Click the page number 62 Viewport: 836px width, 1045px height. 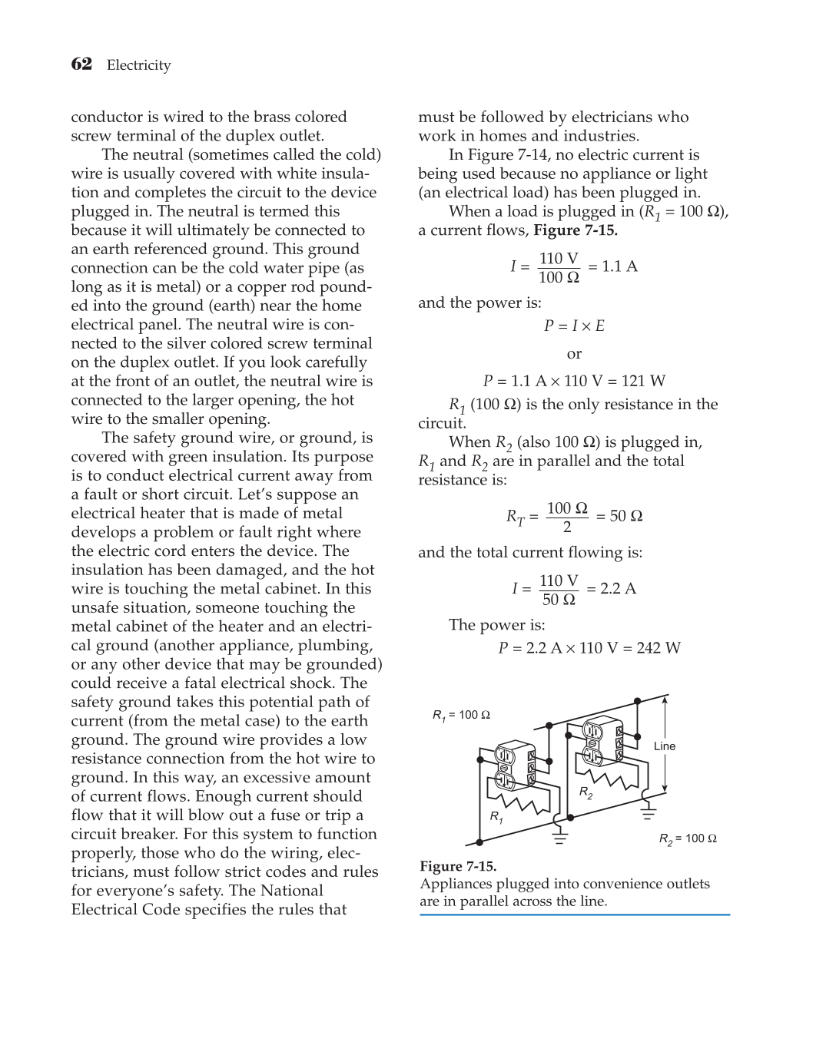(x=81, y=64)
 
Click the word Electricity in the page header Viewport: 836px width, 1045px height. (x=138, y=65)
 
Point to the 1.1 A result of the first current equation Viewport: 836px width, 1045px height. (x=619, y=266)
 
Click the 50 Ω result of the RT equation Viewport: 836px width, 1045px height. (x=625, y=516)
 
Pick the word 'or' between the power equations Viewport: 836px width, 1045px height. (x=574, y=354)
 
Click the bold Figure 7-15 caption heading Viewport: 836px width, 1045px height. (x=458, y=866)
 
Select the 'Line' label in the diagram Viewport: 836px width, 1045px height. (x=665, y=746)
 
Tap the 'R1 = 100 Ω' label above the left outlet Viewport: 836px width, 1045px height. (x=461, y=715)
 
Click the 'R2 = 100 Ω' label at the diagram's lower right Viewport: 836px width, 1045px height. (x=688, y=838)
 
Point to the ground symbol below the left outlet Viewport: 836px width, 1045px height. (x=560, y=834)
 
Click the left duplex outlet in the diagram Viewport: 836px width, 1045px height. (x=513, y=766)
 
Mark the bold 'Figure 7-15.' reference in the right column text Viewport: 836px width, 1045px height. (x=576, y=230)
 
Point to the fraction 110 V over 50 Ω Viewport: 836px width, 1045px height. (x=559, y=590)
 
